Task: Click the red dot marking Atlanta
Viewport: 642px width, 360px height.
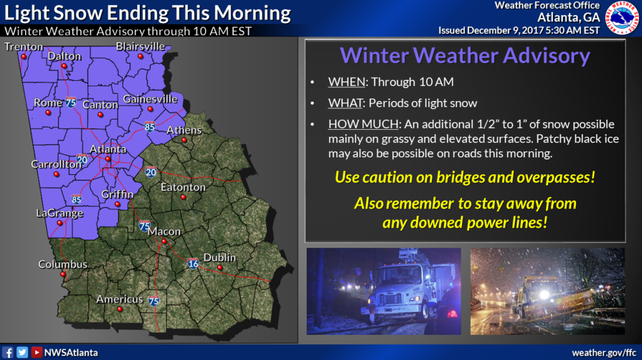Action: point(108,159)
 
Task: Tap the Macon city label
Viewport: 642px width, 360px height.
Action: point(164,231)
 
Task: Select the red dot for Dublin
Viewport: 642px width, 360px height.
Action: point(220,267)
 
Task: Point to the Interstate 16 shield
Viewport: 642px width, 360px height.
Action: point(193,263)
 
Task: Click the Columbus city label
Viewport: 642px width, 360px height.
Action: point(63,264)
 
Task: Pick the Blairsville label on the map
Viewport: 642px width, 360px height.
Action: point(140,46)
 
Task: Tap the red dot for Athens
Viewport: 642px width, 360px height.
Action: point(184,140)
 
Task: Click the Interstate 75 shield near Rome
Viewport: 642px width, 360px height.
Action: point(71,102)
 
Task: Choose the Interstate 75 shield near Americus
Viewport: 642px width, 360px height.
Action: point(154,301)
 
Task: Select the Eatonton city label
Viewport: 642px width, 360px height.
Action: point(183,187)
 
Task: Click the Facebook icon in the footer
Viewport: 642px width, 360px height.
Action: point(8,352)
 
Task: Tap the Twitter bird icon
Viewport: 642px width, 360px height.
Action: point(22,352)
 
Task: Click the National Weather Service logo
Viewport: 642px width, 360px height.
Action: point(623,18)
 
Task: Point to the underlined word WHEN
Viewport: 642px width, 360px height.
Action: point(346,82)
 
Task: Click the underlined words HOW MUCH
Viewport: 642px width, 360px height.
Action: point(363,124)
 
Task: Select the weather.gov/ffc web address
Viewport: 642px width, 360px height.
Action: point(604,352)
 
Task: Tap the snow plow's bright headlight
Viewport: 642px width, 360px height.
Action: point(544,295)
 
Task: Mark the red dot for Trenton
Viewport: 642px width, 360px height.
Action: point(24,56)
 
